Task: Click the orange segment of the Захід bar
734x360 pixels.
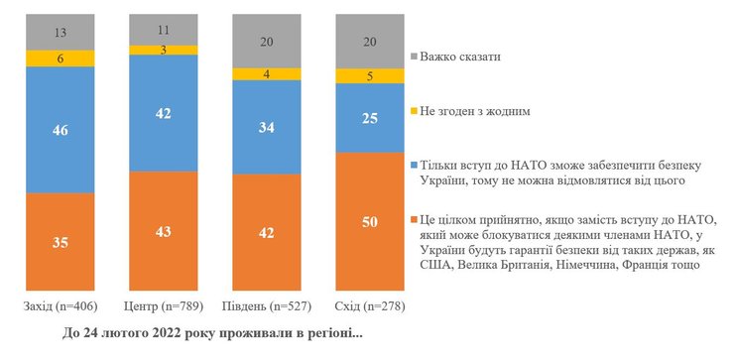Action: tap(60, 241)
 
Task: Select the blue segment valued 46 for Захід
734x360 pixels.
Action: tap(60, 129)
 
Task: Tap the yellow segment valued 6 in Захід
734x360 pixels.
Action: tap(60, 59)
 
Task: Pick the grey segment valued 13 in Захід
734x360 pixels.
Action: tap(60, 32)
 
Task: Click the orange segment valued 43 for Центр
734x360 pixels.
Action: tap(163, 231)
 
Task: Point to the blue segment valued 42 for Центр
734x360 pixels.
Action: tap(163, 113)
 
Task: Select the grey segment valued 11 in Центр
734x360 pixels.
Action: tap(163, 30)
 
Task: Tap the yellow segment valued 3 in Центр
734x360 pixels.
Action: tap(163, 50)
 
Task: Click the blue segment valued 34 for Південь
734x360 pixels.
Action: tap(267, 127)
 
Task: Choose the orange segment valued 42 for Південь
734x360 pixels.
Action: tap(267, 232)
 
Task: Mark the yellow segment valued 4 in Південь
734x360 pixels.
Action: tap(267, 73)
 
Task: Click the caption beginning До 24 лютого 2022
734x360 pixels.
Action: tap(212, 333)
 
